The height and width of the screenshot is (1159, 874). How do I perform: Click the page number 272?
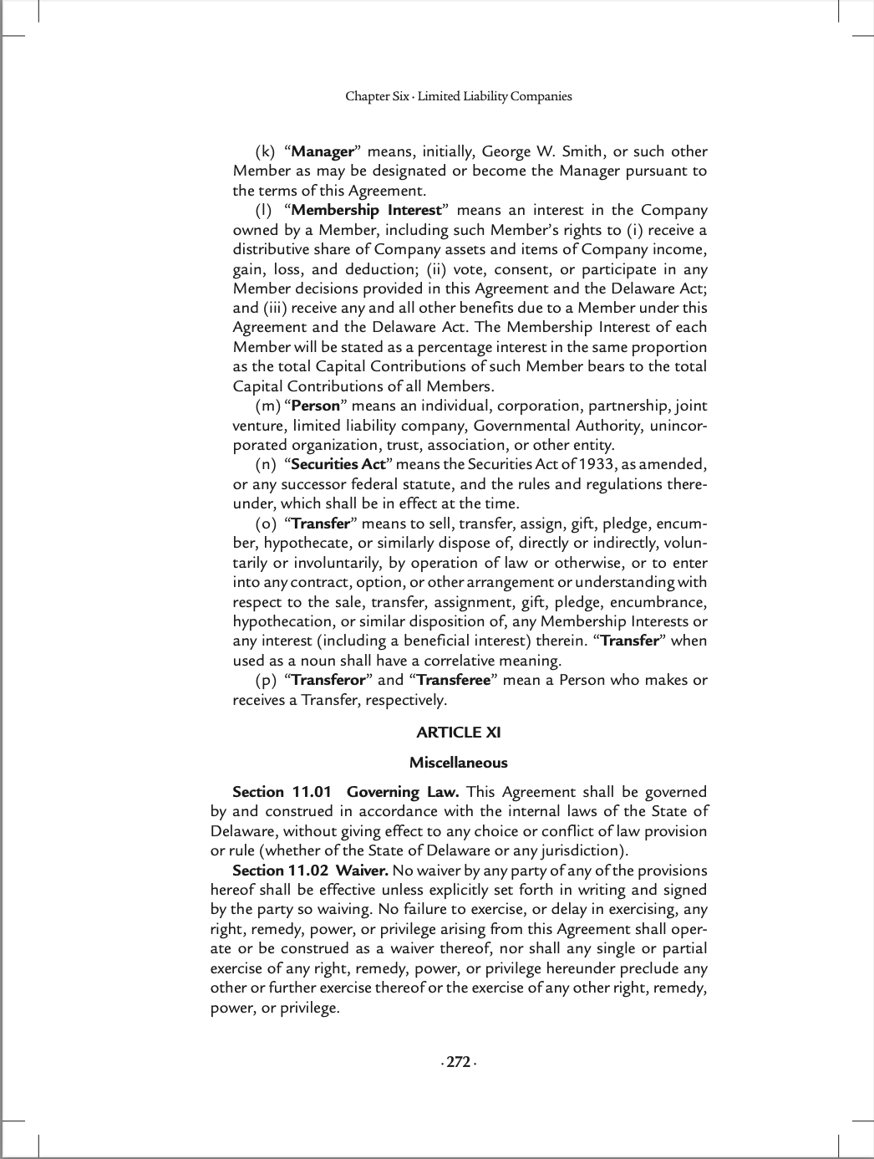[458, 1063]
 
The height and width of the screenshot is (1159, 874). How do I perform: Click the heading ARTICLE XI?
[459, 733]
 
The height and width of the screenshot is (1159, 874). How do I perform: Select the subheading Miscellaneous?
[459, 763]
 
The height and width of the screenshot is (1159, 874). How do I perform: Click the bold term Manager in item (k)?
[323, 152]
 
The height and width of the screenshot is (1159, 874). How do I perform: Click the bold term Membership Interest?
[366, 211]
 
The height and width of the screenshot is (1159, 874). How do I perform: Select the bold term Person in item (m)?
[316, 406]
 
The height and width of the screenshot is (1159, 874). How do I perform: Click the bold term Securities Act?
[338, 465]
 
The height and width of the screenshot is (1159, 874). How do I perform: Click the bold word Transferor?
[328, 681]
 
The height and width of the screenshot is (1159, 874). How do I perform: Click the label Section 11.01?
[282, 792]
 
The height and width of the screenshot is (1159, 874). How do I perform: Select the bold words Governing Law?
[402, 792]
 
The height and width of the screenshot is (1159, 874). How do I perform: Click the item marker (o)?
[266, 524]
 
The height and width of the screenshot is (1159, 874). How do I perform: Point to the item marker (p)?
[266, 681]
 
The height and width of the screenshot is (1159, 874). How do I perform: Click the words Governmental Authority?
[556, 426]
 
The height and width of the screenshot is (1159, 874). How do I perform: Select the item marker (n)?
[266, 465]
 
